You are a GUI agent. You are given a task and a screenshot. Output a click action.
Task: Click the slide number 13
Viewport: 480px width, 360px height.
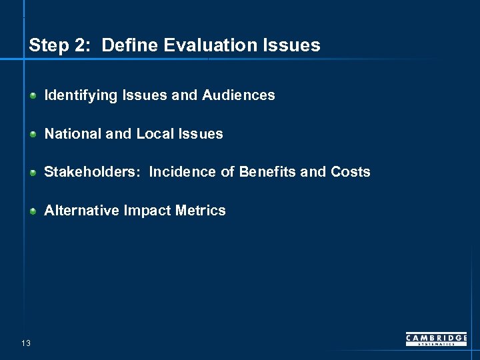(25, 343)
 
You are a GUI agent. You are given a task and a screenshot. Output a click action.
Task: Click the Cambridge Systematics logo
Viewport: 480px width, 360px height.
(436, 339)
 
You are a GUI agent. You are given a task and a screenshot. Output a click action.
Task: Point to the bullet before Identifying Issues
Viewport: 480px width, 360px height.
(33, 96)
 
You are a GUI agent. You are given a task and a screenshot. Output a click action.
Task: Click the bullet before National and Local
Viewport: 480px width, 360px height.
(33, 134)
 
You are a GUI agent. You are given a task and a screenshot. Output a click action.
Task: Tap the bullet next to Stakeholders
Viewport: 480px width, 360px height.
(33, 173)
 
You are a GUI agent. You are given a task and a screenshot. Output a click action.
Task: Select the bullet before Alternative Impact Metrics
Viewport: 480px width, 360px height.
(33, 211)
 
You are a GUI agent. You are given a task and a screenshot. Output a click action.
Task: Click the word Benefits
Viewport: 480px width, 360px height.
(267, 172)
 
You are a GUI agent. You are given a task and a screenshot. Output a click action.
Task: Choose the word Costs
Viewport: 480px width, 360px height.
(350, 172)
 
